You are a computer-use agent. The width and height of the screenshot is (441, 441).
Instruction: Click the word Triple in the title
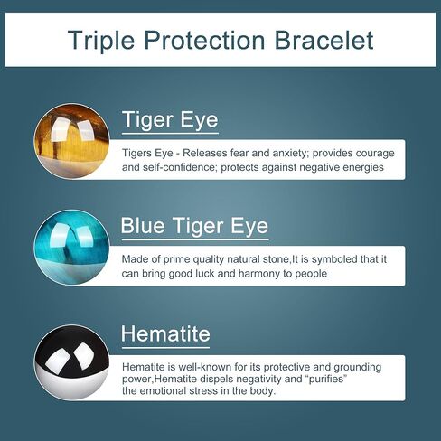click(101, 41)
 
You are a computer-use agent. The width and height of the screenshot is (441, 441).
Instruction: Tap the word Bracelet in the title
click(324, 40)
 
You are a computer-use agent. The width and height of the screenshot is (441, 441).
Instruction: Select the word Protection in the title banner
click(204, 40)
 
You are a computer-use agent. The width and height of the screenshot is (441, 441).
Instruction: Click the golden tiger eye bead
click(71, 141)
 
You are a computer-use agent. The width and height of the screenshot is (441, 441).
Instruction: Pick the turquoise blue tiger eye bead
click(71, 248)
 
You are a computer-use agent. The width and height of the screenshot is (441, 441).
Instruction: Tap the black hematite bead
click(71, 362)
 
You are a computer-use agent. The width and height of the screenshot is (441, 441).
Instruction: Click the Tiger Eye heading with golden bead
click(170, 120)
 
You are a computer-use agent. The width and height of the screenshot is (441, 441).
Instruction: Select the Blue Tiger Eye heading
click(194, 226)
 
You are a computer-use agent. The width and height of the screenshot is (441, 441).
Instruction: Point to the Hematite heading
click(165, 333)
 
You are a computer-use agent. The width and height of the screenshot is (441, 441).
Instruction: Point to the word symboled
click(330, 259)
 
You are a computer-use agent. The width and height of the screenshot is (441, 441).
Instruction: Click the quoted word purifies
click(328, 379)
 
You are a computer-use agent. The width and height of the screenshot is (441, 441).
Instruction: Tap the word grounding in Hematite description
click(358, 367)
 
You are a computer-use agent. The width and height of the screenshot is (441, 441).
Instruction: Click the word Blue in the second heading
click(143, 226)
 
